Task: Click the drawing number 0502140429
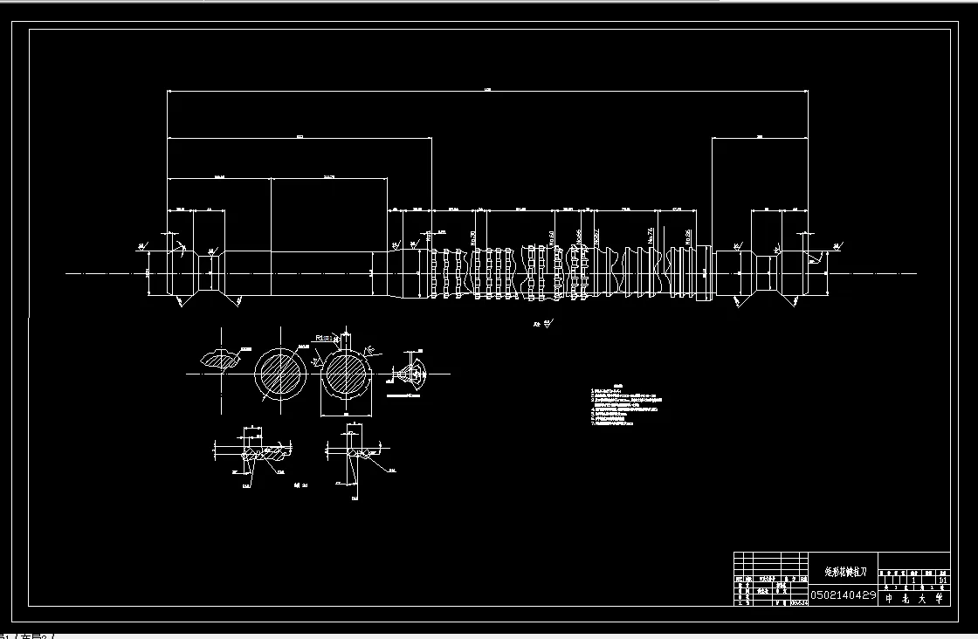click(x=844, y=594)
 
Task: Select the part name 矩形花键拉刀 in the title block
click(x=845, y=572)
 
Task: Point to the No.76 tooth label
click(x=651, y=236)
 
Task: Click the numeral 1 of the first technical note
click(x=592, y=390)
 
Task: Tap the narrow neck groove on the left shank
click(x=210, y=273)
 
